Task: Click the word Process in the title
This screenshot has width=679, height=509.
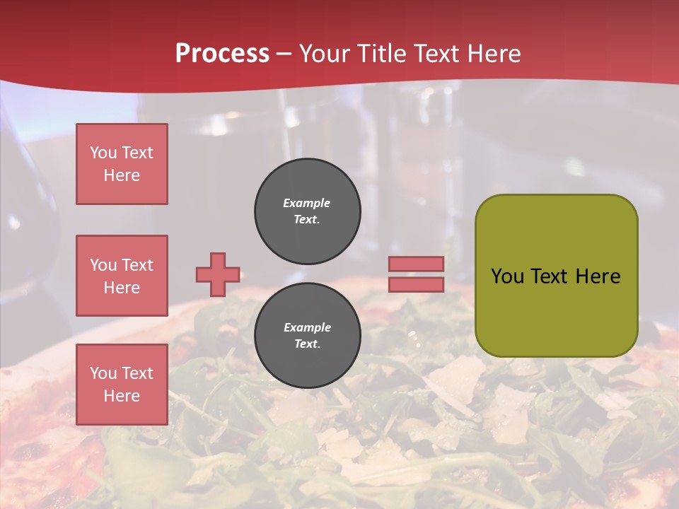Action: click(x=222, y=54)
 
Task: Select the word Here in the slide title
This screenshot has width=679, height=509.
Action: click(x=493, y=54)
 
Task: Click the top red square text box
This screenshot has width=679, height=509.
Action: click(x=122, y=164)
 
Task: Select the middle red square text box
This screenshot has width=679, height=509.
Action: click(x=122, y=276)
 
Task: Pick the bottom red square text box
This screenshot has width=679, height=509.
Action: click(x=122, y=385)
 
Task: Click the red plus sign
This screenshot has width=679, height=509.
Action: click(x=218, y=274)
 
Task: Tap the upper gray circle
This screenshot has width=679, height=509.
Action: click(x=308, y=211)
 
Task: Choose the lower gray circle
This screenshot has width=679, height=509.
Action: click(x=308, y=336)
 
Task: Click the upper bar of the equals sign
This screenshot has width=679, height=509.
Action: click(x=416, y=264)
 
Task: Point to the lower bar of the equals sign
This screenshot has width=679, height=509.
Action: click(x=416, y=284)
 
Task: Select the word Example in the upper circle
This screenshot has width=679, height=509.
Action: click(x=307, y=203)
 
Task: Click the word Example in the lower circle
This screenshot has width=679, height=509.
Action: click(x=307, y=327)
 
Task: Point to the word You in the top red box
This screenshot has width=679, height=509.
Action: click(x=103, y=153)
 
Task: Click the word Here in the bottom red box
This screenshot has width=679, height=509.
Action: click(x=122, y=396)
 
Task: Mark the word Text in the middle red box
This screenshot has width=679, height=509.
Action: click(x=137, y=265)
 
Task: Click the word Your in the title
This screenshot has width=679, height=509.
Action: click(x=323, y=54)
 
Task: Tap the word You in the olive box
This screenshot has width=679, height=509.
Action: click(x=507, y=276)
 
